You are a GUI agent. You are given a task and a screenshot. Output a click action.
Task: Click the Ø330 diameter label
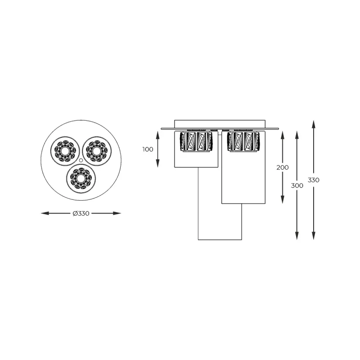point(81,213)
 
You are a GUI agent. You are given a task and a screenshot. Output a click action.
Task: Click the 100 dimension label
point(148,149)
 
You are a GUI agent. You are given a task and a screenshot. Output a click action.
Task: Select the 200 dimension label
point(283,167)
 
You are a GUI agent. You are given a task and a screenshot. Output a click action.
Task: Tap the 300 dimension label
point(297,185)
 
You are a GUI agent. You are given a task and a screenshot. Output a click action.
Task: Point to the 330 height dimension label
point(314,180)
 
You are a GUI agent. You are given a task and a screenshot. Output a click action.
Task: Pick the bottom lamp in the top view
point(81,178)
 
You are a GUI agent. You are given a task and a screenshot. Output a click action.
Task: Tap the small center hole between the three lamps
point(80,160)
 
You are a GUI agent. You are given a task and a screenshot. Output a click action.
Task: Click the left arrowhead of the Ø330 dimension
point(44,213)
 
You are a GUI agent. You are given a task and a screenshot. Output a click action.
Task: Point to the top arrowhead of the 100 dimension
point(158,132)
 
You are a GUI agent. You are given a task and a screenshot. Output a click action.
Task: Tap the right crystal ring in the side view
point(244,141)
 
